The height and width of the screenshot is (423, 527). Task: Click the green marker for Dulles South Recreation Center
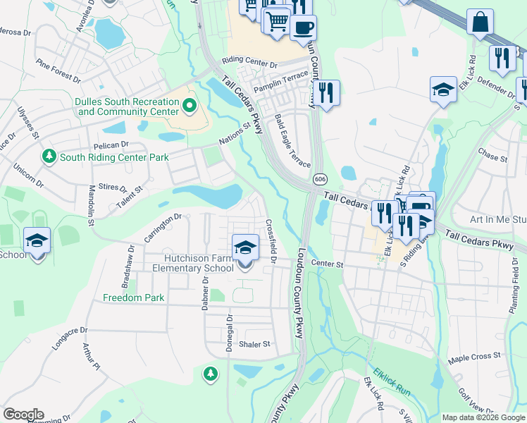click(189, 106)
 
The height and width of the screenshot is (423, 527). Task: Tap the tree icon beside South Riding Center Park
click(49, 155)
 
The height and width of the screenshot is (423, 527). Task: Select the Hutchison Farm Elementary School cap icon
click(244, 248)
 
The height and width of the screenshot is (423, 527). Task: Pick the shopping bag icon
click(480, 22)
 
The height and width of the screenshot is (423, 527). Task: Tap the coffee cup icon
click(303, 28)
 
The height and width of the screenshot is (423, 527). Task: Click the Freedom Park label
click(134, 298)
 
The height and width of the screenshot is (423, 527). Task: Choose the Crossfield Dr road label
click(270, 239)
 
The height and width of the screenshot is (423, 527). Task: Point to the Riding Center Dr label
click(249, 63)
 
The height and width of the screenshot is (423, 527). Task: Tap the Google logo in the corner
click(23, 415)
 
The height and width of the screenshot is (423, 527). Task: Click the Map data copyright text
click(483, 417)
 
